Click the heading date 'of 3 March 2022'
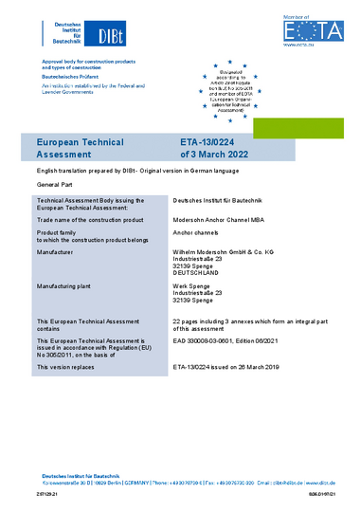click(x=212, y=152)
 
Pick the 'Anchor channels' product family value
click(x=197, y=232)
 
